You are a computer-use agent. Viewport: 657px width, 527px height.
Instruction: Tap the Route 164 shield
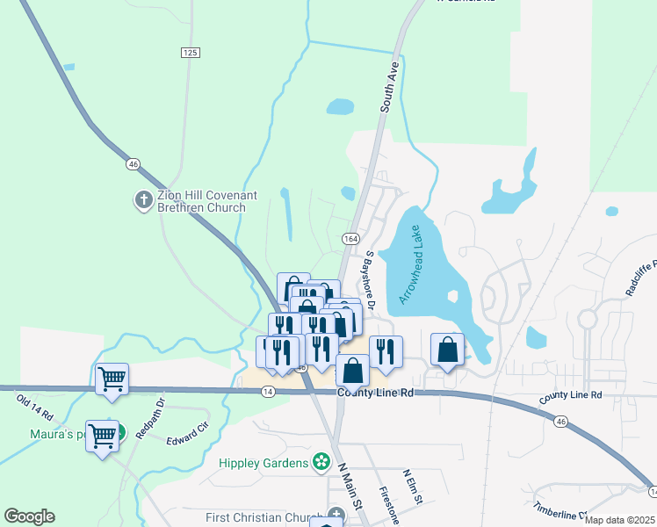pyautogui.click(x=350, y=239)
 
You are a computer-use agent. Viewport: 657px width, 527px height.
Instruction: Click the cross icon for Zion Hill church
pyautogui.click(x=143, y=200)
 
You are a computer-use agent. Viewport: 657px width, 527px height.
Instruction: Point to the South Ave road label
pyautogui.click(x=390, y=86)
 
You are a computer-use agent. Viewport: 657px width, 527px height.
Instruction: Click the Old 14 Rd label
pyautogui.click(x=35, y=406)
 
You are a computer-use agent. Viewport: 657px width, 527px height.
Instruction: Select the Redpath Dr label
pyautogui.click(x=159, y=416)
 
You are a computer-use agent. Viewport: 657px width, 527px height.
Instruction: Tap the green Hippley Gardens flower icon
pyautogui.click(x=321, y=461)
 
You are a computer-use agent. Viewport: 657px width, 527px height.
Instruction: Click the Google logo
pyautogui.click(x=29, y=516)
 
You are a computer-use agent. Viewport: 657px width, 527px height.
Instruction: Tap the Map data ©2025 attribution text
pyautogui.click(x=619, y=520)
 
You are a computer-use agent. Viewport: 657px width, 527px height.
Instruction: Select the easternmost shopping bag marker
pyautogui.click(x=447, y=350)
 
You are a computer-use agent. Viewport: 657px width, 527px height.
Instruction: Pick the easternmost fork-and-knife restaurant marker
pyautogui.click(x=386, y=351)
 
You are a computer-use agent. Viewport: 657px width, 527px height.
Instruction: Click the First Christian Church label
pyautogui.click(x=264, y=517)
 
